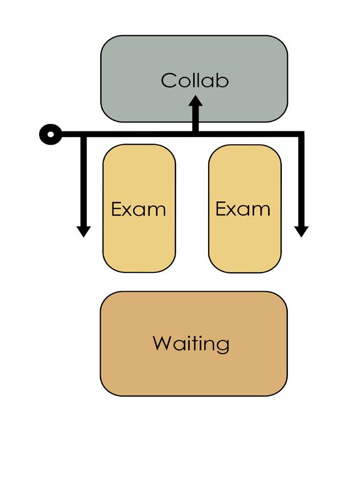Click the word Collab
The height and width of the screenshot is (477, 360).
194,80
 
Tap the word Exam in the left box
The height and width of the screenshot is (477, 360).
138,209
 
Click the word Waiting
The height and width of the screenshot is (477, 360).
191,344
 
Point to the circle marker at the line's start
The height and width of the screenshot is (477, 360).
51,134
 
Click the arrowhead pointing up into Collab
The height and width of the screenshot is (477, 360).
195,102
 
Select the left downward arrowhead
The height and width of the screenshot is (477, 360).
83,231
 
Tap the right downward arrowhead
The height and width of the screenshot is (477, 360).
301,231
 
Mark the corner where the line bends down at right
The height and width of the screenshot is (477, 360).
301,134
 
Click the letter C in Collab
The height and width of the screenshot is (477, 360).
168,80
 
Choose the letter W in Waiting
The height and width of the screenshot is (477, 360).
162,343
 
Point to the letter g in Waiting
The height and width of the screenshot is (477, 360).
222,346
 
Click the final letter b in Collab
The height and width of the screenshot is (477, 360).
222,80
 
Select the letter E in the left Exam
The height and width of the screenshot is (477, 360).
116,209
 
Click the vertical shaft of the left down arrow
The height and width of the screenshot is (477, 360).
83,182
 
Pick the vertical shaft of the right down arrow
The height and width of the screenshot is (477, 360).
301,182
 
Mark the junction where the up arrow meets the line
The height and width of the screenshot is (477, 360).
195,133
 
